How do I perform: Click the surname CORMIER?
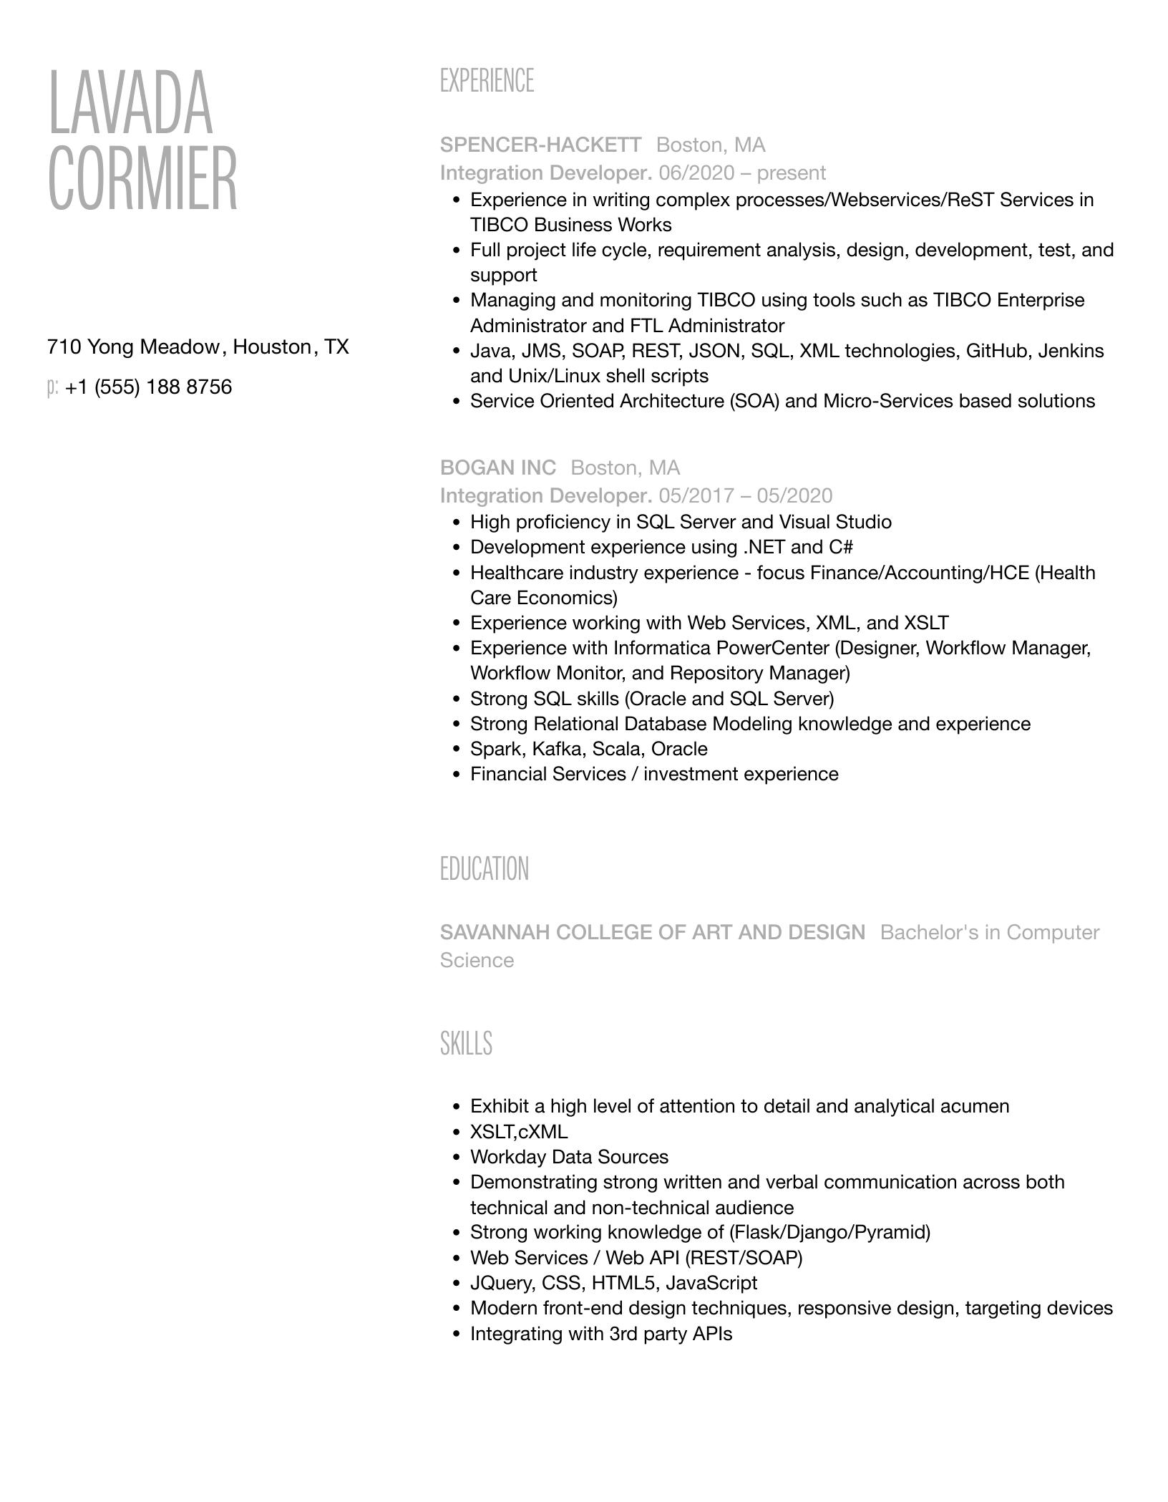tap(142, 178)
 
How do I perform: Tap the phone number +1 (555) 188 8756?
tap(148, 387)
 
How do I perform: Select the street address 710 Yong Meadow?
tap(133, 347)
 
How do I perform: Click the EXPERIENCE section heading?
tap(487, 81)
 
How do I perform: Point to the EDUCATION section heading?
tap(485, 869)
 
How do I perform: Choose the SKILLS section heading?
tap(466, 1044)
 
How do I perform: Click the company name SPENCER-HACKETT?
tap(540, 145)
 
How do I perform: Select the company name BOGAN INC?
tap(498, 468)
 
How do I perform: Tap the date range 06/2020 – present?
tap(742, 173)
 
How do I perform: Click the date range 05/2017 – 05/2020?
tap(746, 496)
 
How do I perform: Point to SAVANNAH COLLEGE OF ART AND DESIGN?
tap(653, 933)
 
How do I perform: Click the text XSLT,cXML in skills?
tap(518, 1132)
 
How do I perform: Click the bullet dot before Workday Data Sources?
tap(457, 1158)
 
